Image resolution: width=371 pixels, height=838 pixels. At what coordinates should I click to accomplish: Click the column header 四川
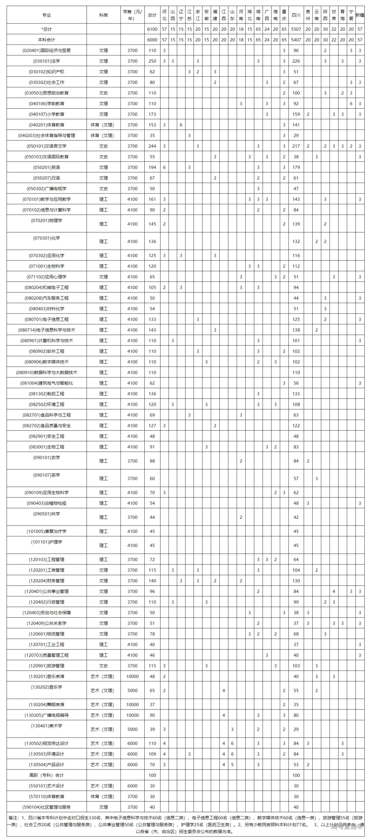tap(296, 15)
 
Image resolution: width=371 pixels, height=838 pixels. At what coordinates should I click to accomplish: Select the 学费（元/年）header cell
tap(132, 15)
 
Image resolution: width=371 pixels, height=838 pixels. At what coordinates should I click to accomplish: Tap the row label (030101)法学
tap(47, 61)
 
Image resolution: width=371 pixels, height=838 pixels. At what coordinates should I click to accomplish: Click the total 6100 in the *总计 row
tap(152, 29)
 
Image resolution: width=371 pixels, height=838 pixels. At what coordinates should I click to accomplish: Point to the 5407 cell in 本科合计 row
tap(296, 40)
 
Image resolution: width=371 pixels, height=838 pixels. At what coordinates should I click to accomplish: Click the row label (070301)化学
tap(47, 238)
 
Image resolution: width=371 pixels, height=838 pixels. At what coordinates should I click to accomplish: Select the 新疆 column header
tap(360, 15)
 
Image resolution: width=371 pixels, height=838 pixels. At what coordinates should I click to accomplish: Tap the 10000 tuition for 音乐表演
tap(132, 677)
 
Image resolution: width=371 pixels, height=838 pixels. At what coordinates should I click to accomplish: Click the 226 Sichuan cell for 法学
tap(296, 61)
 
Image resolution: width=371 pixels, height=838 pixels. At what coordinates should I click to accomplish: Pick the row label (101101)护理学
tap(47, 542)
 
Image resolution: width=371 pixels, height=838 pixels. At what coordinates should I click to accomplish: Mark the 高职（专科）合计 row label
tap(47, 775)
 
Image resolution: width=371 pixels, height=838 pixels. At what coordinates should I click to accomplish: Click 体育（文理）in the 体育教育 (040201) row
tap(103, 125)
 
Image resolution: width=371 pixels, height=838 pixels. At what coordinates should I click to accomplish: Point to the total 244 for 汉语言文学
tap(152, 146)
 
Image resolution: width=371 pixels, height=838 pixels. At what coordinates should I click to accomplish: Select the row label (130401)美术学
tap(47, 726)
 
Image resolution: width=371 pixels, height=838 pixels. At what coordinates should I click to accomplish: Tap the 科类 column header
tap(103, 15)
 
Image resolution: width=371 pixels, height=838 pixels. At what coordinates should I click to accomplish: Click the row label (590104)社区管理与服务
tap(47, 807)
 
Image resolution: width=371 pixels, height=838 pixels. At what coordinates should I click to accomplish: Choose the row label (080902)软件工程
tap(47, 351)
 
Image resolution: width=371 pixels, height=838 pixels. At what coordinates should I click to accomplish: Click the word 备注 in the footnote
tap(13, 818)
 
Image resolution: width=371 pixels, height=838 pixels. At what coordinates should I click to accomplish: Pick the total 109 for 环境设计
tap(152, 754)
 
